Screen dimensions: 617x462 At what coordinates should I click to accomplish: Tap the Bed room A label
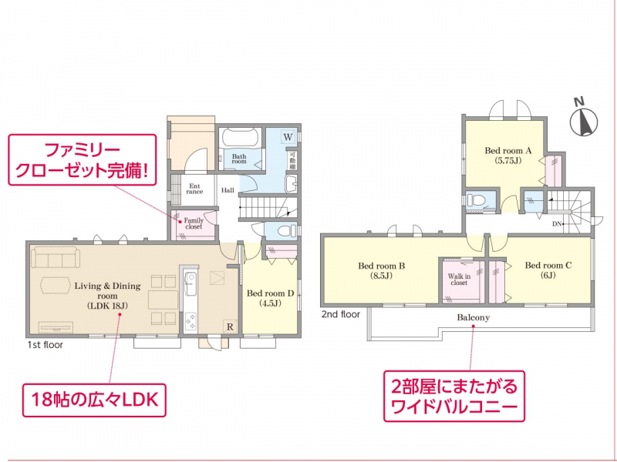pos(508,156)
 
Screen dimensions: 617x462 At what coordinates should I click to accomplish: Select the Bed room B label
pos(381,270)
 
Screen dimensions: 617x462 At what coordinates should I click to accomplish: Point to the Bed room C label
pos(548,270)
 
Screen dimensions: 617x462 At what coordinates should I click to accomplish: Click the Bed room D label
pos(271,298)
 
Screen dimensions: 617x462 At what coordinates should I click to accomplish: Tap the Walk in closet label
pos(459,280)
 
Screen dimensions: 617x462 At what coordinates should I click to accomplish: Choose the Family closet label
pos(194,223)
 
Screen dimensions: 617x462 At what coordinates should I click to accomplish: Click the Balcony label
pos(473,317)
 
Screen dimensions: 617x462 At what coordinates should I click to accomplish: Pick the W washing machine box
pos(288,137)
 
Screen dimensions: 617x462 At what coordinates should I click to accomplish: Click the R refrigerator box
pos(230,326)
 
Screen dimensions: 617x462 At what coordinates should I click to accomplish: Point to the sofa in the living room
pos(56,257)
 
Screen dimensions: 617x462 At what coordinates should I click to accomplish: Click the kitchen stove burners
pos(190,321)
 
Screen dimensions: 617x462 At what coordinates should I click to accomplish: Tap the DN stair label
pos(557,224)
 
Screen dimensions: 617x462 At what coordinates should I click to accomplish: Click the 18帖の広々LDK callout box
pos(94,400)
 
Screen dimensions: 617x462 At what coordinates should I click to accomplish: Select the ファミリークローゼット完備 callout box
pos(83,159)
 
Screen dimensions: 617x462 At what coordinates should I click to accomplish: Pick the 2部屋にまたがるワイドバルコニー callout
pos(454,396)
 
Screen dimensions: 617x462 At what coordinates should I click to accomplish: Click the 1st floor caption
pos(46,345)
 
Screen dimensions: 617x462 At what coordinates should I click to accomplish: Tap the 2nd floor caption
pos(341,314)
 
